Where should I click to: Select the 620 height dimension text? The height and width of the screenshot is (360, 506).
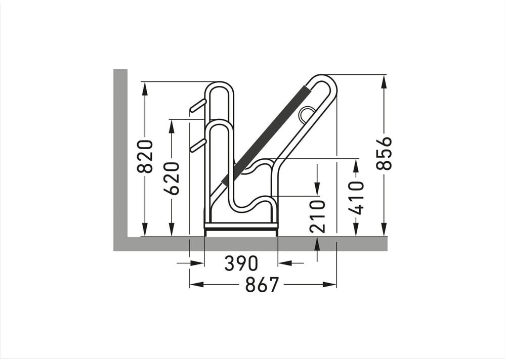[172, 178]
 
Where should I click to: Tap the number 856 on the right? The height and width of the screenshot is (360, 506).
[384, 153]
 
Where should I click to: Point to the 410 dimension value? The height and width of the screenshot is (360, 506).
[356, 198]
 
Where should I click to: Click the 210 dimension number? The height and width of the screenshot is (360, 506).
[318, 216]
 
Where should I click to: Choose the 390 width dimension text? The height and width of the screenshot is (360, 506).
[241, 263]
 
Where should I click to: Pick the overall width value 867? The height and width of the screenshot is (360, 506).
[262, 285]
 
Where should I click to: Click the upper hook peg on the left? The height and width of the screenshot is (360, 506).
[197, 106]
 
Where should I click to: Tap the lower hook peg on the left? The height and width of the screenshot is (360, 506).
[197, 145]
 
